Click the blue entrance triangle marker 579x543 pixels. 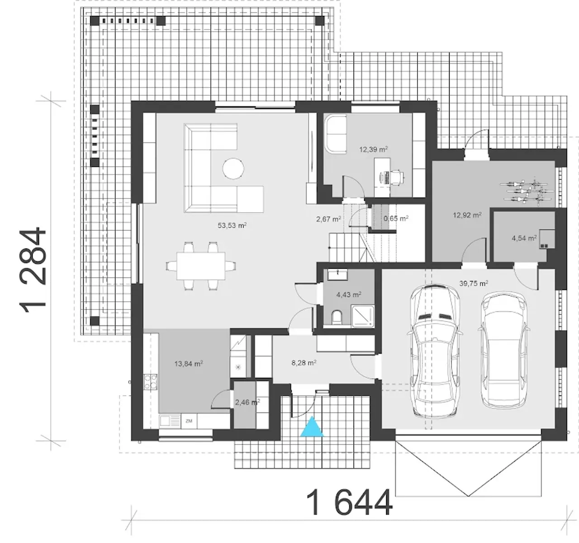[x=312, y=427]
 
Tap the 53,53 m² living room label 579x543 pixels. [x=232, y=225]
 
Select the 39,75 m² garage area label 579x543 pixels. [x=474, y=283]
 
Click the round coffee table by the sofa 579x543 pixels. [x=233, y=169]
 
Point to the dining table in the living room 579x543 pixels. [x=200, y=266]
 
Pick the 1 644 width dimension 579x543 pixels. [x=349, y=503]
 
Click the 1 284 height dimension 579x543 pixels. [x=33, y=271]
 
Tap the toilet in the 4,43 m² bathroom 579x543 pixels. [x=337, y=317]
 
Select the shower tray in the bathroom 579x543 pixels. [x=362, y=316]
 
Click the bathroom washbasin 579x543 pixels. [x=337, y=274]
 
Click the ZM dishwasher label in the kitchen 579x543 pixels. [x=189, y=421]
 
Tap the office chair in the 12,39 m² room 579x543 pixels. [x=396, y=177]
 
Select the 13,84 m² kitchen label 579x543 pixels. [x=189, y=364]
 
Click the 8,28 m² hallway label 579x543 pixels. [x=304, y=363]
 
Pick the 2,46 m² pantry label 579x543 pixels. [x=247, y=403]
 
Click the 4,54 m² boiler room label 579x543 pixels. [x=524, y=238]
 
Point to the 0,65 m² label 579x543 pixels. [x=396, y=218]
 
